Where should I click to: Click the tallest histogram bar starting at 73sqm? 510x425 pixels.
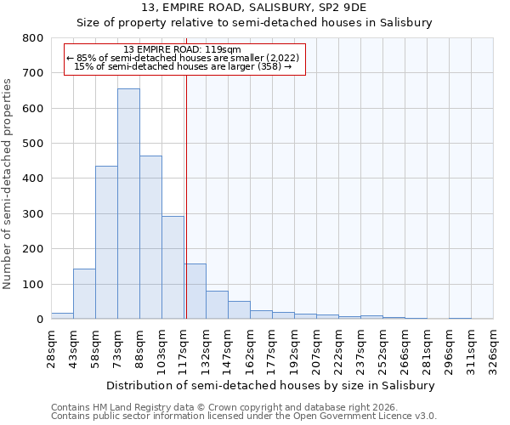pos(128,204)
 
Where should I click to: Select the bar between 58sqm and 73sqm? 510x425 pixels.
pos(106,242)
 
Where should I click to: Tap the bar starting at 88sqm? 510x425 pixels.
pos(150,237)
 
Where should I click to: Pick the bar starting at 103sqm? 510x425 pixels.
pos(173,268)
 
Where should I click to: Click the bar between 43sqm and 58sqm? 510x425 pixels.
pos(84,294)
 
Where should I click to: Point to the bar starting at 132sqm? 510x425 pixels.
pos(217,305)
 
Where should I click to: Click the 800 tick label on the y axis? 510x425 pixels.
pos(32,38)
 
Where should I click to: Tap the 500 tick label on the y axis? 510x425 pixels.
pos(32,144)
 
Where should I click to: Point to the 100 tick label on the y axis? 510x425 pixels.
pos(32,284)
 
